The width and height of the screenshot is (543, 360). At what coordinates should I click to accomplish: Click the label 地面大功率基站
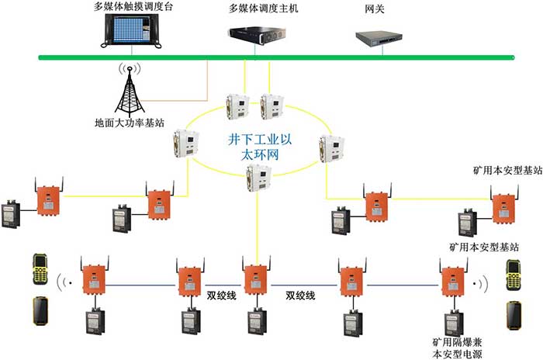click(130, 122)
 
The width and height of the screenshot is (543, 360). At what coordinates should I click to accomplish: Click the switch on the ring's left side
click(184, 142)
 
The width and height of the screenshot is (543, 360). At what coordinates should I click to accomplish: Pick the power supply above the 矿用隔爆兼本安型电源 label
click(451, 321)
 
